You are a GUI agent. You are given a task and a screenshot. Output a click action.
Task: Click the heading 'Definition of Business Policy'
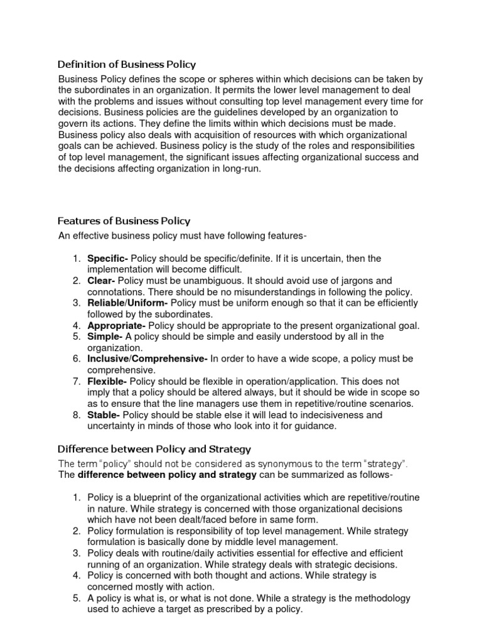pyautogui.click(x=127, y=64)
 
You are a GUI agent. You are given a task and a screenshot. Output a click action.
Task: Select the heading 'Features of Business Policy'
pyautogui.click(x=124, y=221)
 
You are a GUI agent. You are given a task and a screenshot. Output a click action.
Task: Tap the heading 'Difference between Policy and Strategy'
pyautogui.click(x=154, y=449)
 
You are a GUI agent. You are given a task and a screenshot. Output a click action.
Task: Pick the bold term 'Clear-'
pyautogui.click(x=101, y=281)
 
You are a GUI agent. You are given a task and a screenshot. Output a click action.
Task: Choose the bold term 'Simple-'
pyautogui.click(x=105, y=337)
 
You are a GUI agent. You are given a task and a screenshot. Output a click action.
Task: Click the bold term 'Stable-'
pyautogui.click(x=104, y=415)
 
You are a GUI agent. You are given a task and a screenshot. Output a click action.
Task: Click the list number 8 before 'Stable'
pyautogui.click(x=75, y=415)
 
